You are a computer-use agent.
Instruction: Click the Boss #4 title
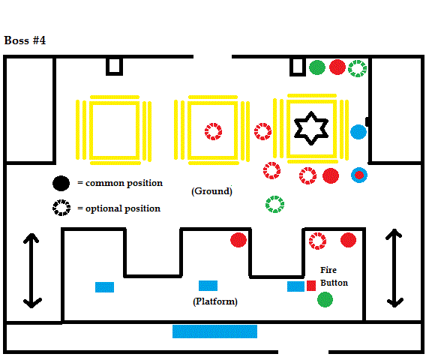(25, 40)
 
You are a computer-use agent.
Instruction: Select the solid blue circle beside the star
(358, 132)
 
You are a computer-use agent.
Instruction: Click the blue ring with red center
(359, 175)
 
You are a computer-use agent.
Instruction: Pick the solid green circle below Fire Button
(325, 299)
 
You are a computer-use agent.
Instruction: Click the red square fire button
(311, 286)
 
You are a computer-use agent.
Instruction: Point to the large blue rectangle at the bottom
(214, 331)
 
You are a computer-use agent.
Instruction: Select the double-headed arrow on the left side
(32, 271)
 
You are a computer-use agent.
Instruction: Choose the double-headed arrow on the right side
(394, 268)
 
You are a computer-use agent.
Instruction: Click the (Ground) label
(211, 191)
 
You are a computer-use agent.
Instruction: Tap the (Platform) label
(215, 301)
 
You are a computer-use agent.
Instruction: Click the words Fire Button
(334, 276)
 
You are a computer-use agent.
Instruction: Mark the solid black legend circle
(61, 183)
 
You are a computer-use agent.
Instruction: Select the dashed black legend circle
(61, 208)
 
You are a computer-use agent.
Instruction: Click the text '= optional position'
(118, 208)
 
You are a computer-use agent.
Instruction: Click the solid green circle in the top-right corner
(317, 67)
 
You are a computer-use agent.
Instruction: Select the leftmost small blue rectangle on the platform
(104, 287)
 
